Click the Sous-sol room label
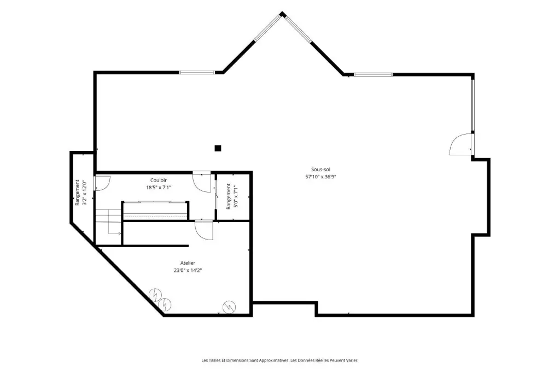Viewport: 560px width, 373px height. pos(320,170)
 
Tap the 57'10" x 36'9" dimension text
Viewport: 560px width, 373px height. pos(320,177)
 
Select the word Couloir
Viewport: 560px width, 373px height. pos(158,180)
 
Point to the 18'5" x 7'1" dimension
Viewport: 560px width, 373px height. pos(159,187)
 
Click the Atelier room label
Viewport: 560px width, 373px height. pos(188,263)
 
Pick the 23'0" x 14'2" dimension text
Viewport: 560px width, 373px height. pos(188,271)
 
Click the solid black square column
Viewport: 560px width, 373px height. pos(218,148)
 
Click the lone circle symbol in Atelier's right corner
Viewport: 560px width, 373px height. pos(229,307)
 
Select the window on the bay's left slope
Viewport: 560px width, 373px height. pos(268,28)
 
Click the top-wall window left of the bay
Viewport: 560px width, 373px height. pos(197,73)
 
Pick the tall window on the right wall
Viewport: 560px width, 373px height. pos(472,106)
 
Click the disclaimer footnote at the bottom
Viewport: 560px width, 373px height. pos(280,360)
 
